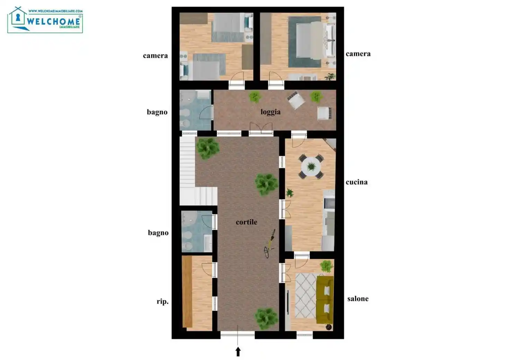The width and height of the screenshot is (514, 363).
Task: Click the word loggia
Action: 271,112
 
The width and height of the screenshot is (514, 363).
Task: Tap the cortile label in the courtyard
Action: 246,222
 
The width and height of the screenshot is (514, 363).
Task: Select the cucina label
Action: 356,182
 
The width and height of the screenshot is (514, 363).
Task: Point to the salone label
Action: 358,299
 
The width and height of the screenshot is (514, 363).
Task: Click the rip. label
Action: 162,301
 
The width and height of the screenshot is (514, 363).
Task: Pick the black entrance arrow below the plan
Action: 238,352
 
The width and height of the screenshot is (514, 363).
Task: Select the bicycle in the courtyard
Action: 270,243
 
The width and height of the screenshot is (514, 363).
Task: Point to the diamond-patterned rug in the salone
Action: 305,295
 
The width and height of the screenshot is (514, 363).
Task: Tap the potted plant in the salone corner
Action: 326,266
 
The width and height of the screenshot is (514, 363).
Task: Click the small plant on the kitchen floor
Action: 290,193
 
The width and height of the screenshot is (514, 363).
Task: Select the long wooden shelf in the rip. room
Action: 187,291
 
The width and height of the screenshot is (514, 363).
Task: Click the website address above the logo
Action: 55,11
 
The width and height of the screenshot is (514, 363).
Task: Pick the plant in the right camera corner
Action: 330,76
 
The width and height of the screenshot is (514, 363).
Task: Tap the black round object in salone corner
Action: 328,327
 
